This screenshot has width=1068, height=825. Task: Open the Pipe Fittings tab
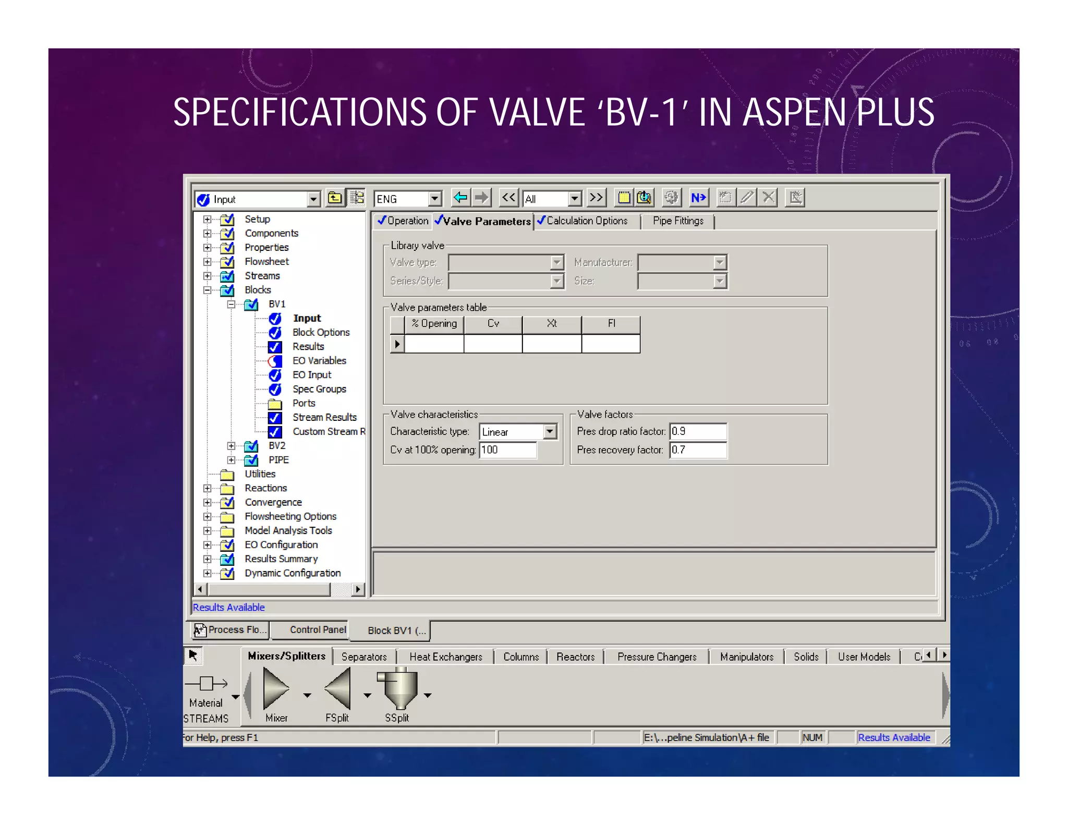[677, 221]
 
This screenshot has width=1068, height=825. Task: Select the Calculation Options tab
[586, 221]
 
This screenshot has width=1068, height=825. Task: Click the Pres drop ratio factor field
[698, 431]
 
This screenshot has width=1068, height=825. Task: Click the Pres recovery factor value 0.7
[698, 450]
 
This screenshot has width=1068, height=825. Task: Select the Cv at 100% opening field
[507, 450]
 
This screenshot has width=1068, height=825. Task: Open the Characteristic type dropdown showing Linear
[550, 431]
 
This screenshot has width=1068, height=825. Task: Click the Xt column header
[552, 324]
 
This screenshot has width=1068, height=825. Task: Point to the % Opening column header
[434, 324]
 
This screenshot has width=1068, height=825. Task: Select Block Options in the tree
[321, 332]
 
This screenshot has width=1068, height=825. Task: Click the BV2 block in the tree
[277, 445]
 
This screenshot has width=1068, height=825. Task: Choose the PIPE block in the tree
[278, 459]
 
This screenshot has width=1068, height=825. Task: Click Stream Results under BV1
[324, 417]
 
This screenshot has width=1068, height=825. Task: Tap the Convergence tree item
[273, 502]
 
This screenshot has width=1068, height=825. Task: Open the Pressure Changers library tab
[657, 657]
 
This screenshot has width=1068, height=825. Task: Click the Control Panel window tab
[318, 630]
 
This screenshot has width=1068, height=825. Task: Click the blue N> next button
[698, 198]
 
